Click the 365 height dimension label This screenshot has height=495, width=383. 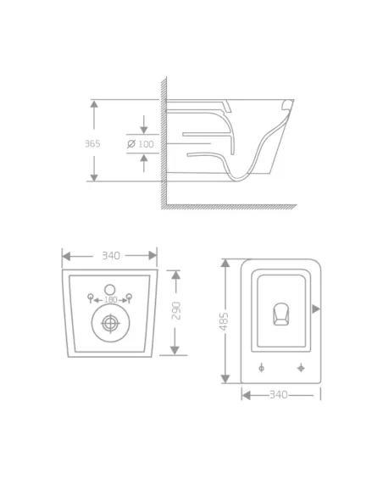(92, 143)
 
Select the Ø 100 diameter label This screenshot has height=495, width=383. (142, 143)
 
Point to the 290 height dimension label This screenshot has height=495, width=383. (175, 312)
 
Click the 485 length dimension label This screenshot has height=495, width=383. (225, 321)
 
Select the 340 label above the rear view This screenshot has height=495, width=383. (110, 255)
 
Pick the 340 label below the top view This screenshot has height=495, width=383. (278, 394)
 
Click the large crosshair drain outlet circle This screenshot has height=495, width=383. (109, 323)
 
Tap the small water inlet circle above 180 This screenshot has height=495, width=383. (109, 286)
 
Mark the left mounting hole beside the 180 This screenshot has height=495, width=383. (90, 297)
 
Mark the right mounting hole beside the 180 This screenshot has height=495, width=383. (130, 297)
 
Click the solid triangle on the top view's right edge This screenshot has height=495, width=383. (315, 308)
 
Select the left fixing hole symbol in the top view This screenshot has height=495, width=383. (261, 368)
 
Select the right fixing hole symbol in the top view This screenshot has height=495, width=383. (301, 368)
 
